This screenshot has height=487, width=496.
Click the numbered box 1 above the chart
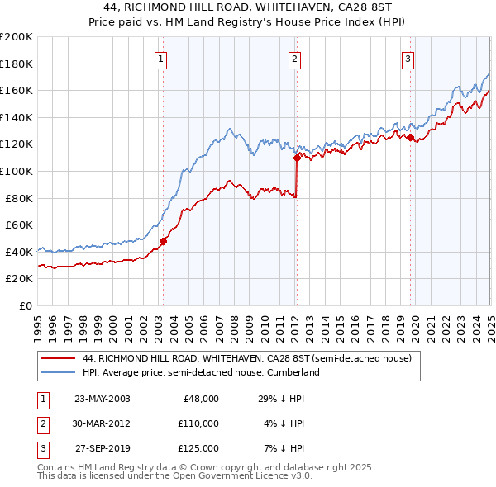click(x=160, y=59)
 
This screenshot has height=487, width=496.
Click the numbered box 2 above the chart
click(x=295, y=59)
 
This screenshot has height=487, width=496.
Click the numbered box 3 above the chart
click(x=408, y=59)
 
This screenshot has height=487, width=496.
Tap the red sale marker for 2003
click(x=164, y=241)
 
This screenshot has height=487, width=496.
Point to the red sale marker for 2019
click(x=410, y=137)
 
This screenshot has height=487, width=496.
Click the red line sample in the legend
click(x=60, y=359)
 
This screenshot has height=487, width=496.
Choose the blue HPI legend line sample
click(x=60, y=373)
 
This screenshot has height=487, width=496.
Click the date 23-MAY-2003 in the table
click(x=103, y=399)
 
